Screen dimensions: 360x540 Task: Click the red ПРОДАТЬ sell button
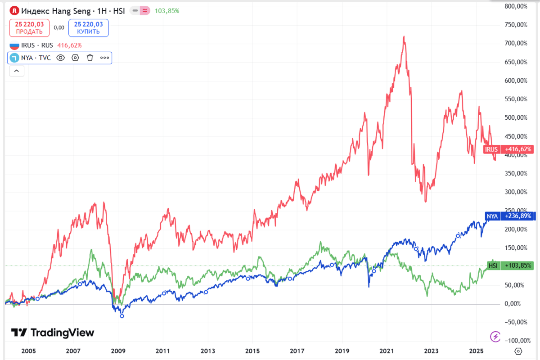click(x=29, y=28)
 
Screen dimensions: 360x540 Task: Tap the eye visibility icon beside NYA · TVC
click(x=61, y=58)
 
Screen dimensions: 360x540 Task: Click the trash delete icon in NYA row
click(x=90, y=58)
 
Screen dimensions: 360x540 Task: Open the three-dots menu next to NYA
click(x=104, y=58)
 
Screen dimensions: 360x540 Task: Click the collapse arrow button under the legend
click(x=16, y=71)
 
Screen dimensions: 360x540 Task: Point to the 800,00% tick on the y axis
click(x=515, y=6)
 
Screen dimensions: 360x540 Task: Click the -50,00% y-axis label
click(x=515, y=322)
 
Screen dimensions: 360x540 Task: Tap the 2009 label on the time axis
click(x=118, y=351)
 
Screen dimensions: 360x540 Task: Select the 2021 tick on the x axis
click(x=387, y=351)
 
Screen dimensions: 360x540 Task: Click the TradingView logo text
click(x=53, y=333)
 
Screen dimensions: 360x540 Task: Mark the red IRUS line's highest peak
click(x=404, y=36)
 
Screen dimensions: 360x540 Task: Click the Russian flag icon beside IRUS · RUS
click(x=14, y=45)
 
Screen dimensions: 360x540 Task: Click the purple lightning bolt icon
click(x=495, y=336)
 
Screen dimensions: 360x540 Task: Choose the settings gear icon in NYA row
click(x=75, y=58)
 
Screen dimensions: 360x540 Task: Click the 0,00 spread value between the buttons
click(x=59, y=27)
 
